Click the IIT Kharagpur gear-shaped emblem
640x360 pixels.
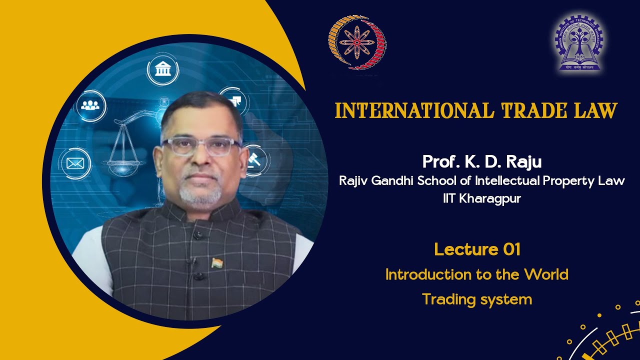coord(578,42)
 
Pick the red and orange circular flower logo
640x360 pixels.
coord(356,42)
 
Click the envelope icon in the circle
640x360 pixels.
coord(75,163)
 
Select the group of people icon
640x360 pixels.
coord(91,105)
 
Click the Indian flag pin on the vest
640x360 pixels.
coord(216,262)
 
